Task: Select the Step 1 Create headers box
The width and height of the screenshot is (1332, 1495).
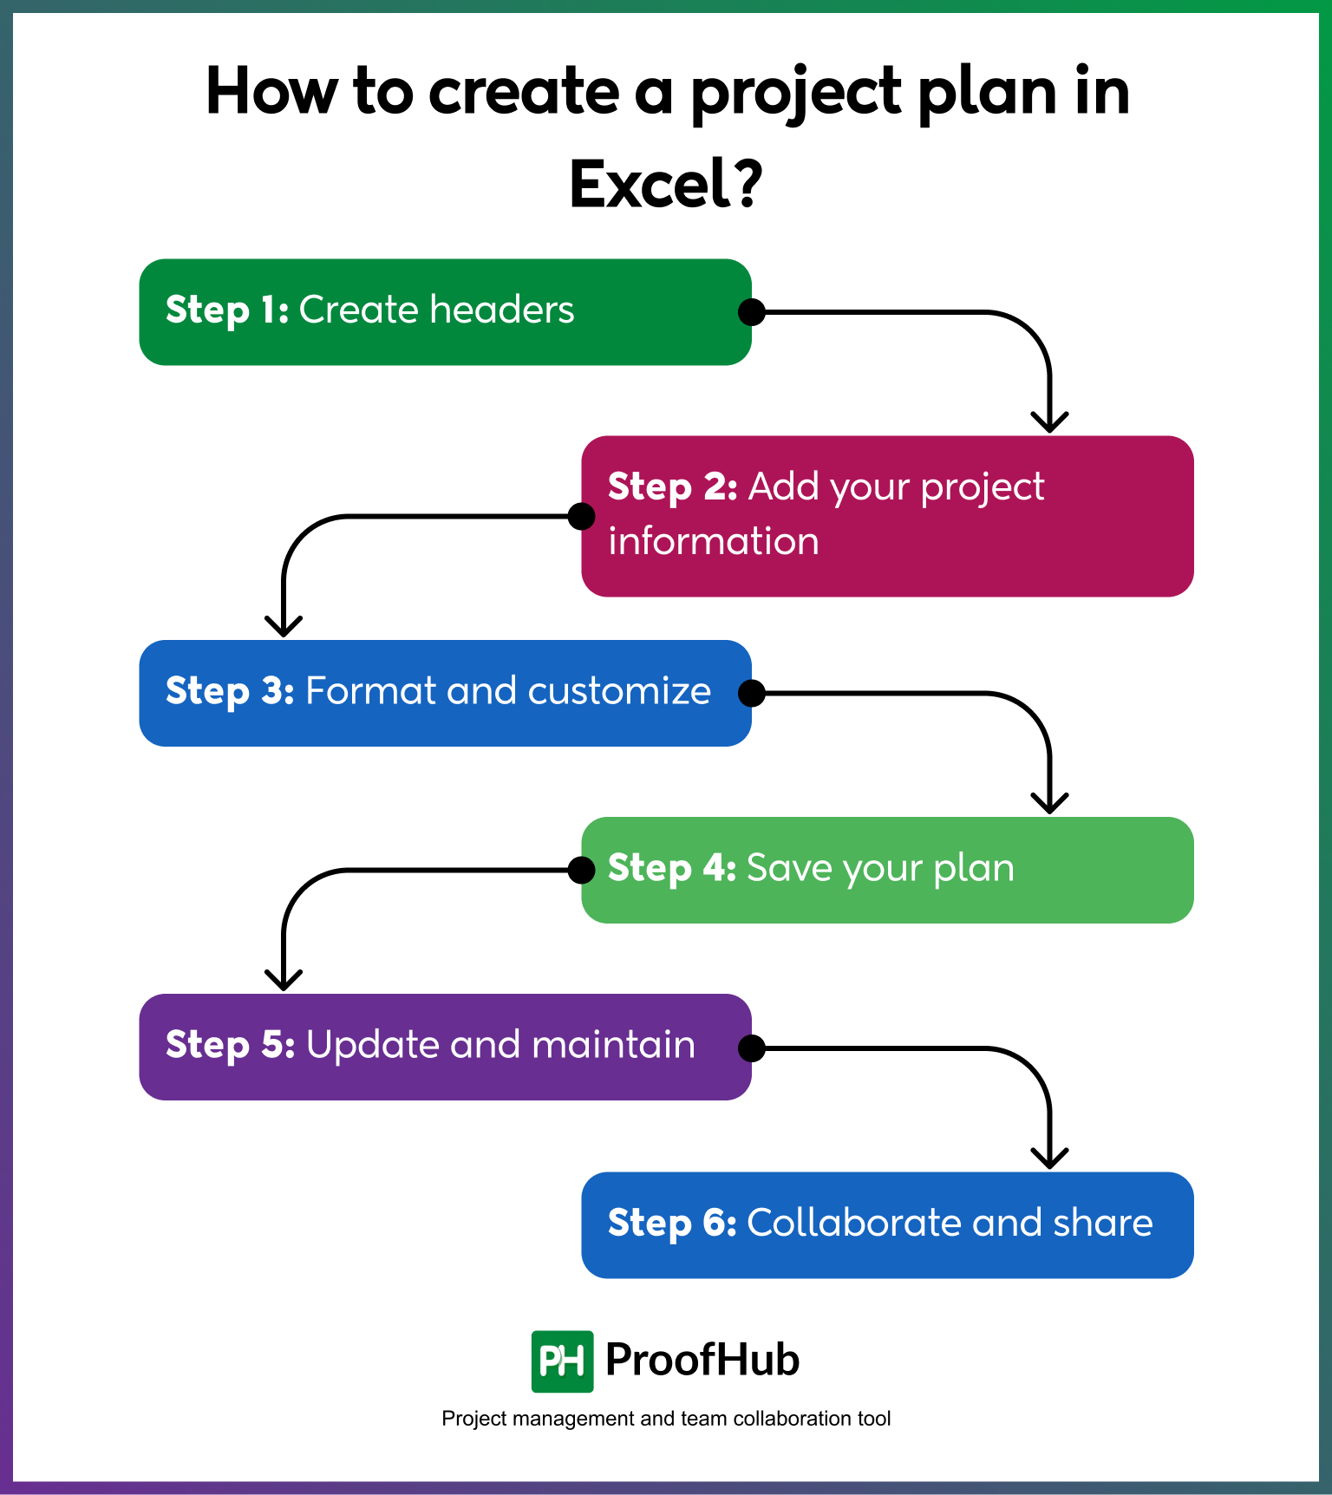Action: click(445, 312)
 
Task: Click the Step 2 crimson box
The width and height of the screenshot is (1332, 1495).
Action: click(887, 516)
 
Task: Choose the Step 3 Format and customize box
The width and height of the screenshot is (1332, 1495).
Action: click(445, 693)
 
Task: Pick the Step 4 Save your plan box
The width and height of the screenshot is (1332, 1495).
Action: click(887, 870)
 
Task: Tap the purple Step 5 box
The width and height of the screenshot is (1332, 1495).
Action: click(445, 1047)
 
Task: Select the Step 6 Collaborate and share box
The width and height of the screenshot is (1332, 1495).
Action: click(887, 1224)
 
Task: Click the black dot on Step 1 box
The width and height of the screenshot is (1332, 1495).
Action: click(751, 312)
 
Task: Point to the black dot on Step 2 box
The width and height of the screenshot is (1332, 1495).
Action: click(581, 516)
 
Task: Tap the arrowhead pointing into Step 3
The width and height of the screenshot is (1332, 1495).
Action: click(284, 627)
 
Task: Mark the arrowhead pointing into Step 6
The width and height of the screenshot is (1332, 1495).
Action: click(1049, 1159)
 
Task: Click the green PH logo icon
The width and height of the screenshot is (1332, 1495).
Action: click(562, 1361)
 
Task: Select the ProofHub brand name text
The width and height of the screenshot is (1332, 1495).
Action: click(702, 1360)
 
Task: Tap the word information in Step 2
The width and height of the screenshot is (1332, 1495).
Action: click(713, 541)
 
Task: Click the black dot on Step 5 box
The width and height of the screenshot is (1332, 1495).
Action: click(751, 1048)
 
